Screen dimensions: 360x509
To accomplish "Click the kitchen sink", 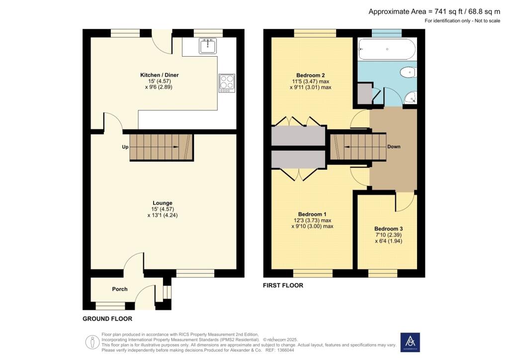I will coord(207,46).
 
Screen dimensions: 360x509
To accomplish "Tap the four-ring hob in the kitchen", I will coord(227,83).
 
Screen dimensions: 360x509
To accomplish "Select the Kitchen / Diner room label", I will coord(159,75).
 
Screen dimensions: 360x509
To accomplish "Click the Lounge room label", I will coord(163,203).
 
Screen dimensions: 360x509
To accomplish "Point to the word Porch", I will coord(120,289).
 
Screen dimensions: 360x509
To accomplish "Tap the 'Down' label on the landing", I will coord(394,147).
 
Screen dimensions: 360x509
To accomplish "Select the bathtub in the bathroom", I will coord(386,49).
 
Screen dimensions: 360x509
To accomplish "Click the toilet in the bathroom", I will coord(408,73).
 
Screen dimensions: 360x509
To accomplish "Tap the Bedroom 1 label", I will coord(312,214).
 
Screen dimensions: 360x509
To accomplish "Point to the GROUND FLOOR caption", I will coord(107,319).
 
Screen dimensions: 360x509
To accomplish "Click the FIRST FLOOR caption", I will coord(283,285).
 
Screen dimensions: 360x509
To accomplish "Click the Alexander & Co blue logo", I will coord(410,342).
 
